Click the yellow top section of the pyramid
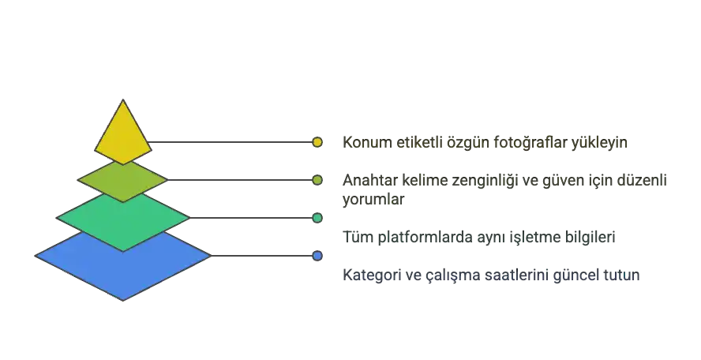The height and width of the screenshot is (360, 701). (x=123, y=134)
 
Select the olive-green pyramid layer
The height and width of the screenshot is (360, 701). (x=122, y=181)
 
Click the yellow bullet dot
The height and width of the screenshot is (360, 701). (x=317, y=143)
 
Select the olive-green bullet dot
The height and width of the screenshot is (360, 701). (x=317, y=180)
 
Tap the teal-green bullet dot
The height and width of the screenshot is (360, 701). (x=317, y=217)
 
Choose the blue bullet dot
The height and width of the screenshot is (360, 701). (x=317, y=256)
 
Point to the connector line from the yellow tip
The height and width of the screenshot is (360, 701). (x=229, y=143)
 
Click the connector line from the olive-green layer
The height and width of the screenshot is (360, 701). (x=237, y=180)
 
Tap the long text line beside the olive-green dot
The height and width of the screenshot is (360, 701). (x=505, y=181)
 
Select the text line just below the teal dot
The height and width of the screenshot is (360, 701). (x=478, y=237)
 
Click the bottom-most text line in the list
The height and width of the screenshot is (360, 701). (x=492, y=277)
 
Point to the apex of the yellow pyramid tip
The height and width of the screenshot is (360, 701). (x=123, y=101)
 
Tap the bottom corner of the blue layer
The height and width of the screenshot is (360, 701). (x=123, y=299)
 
